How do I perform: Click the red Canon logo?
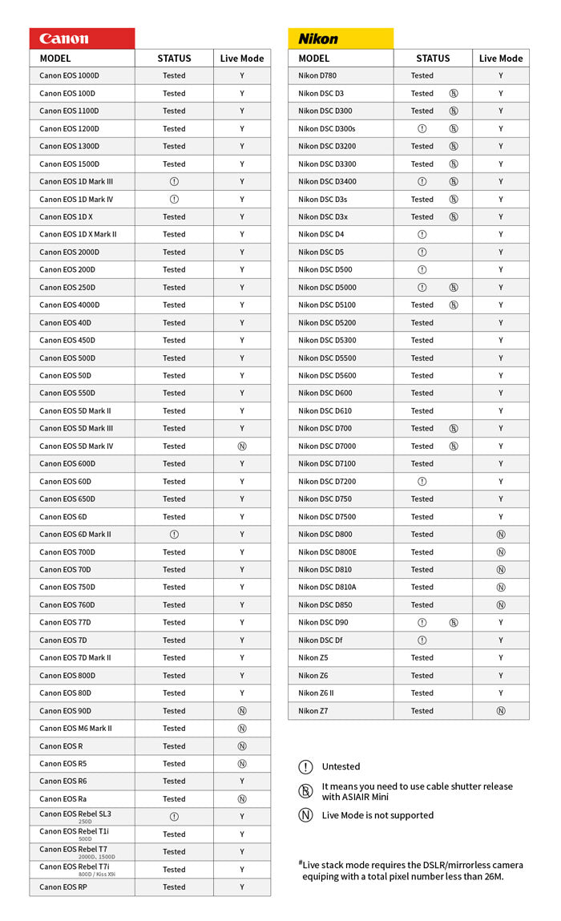pos(64,38)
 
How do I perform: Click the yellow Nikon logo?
pos(318,38)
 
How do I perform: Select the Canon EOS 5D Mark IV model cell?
pos(76,446)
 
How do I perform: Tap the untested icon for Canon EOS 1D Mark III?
pos(174,181)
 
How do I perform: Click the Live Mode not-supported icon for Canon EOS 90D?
pos(241,710)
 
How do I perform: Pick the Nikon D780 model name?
pos(317,75)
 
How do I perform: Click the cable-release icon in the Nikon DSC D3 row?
pos(454,93)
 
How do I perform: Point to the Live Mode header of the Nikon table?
pos(500,58)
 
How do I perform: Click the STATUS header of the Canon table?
pos(174,58)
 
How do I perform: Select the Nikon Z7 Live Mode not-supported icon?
pos(500,710)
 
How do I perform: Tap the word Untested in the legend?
pos(341,766)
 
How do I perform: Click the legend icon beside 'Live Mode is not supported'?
pos(305,815)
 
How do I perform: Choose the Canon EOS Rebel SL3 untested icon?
pos(174,816)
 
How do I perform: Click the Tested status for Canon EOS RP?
pos(174,887)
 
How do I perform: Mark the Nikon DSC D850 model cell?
pos(325,604)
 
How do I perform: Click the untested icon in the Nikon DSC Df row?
pos(422,640)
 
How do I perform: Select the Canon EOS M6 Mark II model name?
pos(75,728)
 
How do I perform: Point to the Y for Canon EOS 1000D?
pos(241,75)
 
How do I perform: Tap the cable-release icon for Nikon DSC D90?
pos(454,622)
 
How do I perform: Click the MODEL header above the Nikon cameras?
pos(313,58)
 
